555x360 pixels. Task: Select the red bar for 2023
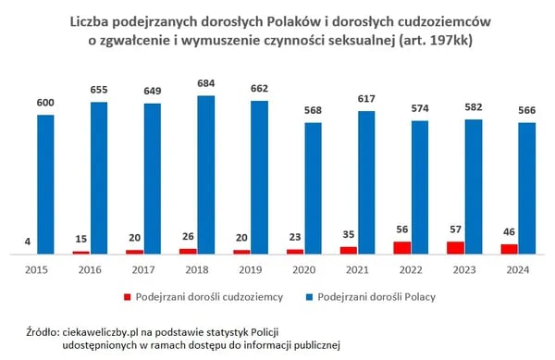tap(456, 248)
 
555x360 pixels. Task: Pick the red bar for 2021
tap(349, 250)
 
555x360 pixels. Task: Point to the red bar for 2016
tap(81, 252)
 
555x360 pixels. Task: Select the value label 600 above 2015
tap(46, 105)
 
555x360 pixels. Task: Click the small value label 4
tap(29, 243)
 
